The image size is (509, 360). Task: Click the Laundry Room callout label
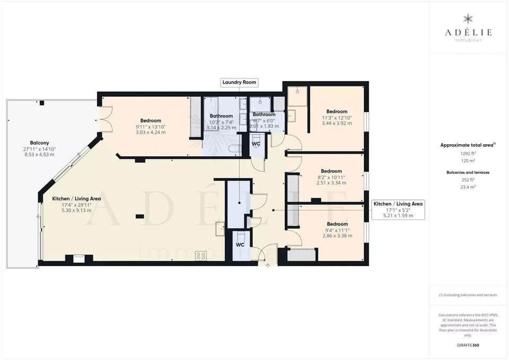click(239, 82)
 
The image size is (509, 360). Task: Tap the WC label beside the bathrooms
click(256, 144)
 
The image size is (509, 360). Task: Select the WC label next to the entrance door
click(240, 245)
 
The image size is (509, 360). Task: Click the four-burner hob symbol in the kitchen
click(201, 256)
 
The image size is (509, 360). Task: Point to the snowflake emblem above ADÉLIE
click(468, 20)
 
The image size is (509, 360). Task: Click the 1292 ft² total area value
click(468, 153)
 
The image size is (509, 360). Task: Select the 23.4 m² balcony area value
click(468, 187)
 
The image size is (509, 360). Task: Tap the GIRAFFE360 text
click(468, 345)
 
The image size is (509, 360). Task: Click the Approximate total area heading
click(468, 145)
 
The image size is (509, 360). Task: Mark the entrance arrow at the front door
click(267, 266)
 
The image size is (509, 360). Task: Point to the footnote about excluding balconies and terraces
click(468, 295)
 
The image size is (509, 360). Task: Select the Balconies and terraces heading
click(468, 172)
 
